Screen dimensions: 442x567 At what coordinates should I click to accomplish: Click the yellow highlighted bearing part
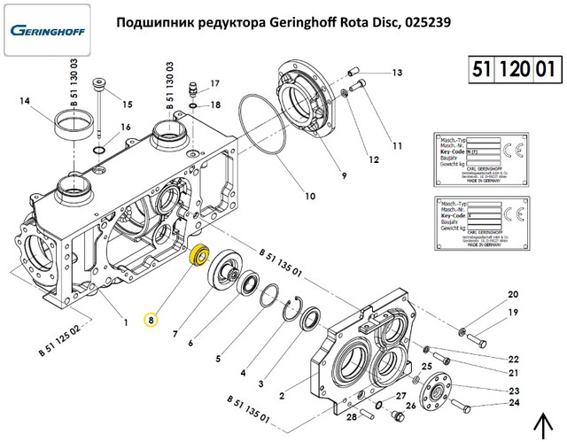200,255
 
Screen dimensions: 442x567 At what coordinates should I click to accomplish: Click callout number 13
398,73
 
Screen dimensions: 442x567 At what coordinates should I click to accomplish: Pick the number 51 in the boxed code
481,69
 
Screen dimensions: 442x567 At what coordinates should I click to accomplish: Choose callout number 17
214,84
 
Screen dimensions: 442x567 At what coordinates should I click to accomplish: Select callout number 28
352,415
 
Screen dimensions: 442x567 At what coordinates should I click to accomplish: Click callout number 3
260,384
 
